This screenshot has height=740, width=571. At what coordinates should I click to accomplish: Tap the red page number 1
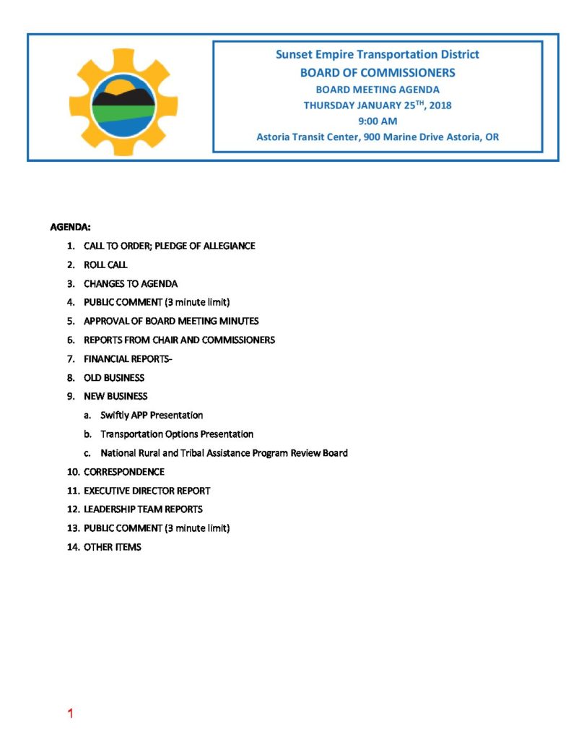[x=70, y=714]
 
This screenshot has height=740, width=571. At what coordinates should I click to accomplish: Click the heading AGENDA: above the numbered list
[x=70, y=227]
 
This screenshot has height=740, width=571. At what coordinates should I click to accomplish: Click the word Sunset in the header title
[x=295, y=55]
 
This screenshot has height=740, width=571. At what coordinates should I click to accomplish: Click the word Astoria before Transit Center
[x=274, y=137]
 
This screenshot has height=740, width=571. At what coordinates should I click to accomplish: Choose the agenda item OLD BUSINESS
[x=114, y=377]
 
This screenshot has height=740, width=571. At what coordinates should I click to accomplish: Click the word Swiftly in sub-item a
[x=115, y=416]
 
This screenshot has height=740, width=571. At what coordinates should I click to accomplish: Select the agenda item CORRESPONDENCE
[x=124, y=472]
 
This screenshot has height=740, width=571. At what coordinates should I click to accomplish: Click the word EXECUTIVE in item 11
[x=108, y=491]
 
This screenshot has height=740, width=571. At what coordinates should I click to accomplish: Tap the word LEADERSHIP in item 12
[x=110, y=509]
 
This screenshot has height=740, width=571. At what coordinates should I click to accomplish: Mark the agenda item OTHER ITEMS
[x=113, y=547]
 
